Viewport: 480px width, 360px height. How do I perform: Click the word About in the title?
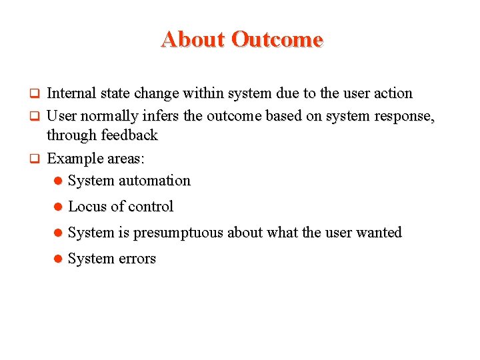click(x=193, y=39)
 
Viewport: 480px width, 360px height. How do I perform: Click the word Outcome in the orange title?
click(x=277, y=39)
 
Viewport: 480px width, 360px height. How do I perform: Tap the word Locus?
click(x=87, y=207)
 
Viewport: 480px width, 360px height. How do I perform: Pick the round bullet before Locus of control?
click(x=59, y=207)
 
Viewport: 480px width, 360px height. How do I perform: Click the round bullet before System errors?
click(x=59, y=259)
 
